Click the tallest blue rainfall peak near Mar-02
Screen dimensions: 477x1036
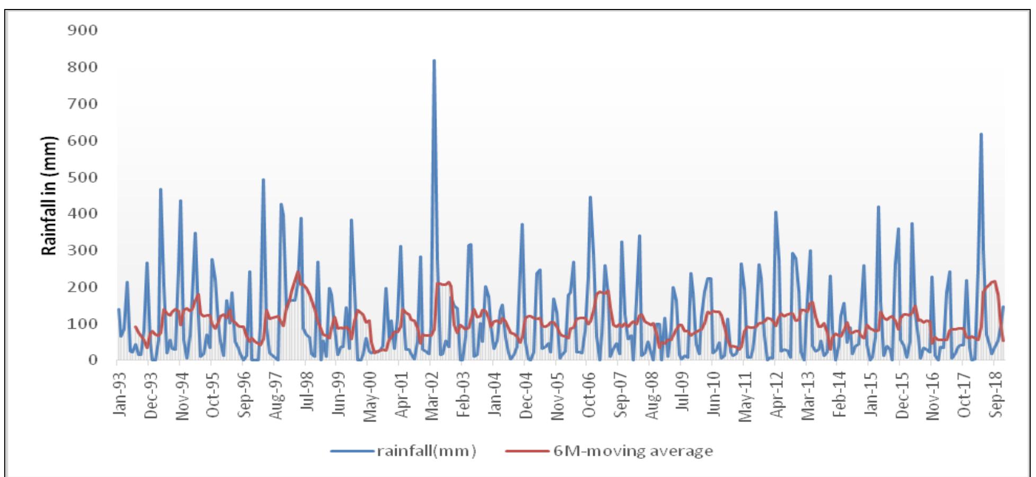point(434,61)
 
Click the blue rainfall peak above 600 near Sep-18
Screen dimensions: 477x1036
point(980,134)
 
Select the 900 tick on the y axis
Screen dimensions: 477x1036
point(83,31)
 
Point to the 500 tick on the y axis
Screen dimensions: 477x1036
point(83,177)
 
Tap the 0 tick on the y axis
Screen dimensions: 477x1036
point(93,360)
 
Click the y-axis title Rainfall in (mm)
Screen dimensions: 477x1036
point(49,196)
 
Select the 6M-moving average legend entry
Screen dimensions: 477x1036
point(609,451)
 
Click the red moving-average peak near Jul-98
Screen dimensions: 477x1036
point(298,273)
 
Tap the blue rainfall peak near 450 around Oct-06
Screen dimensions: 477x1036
point(590,197)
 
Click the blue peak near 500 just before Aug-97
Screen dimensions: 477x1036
point(263,180)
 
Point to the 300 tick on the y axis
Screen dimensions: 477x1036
point(83,250)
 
